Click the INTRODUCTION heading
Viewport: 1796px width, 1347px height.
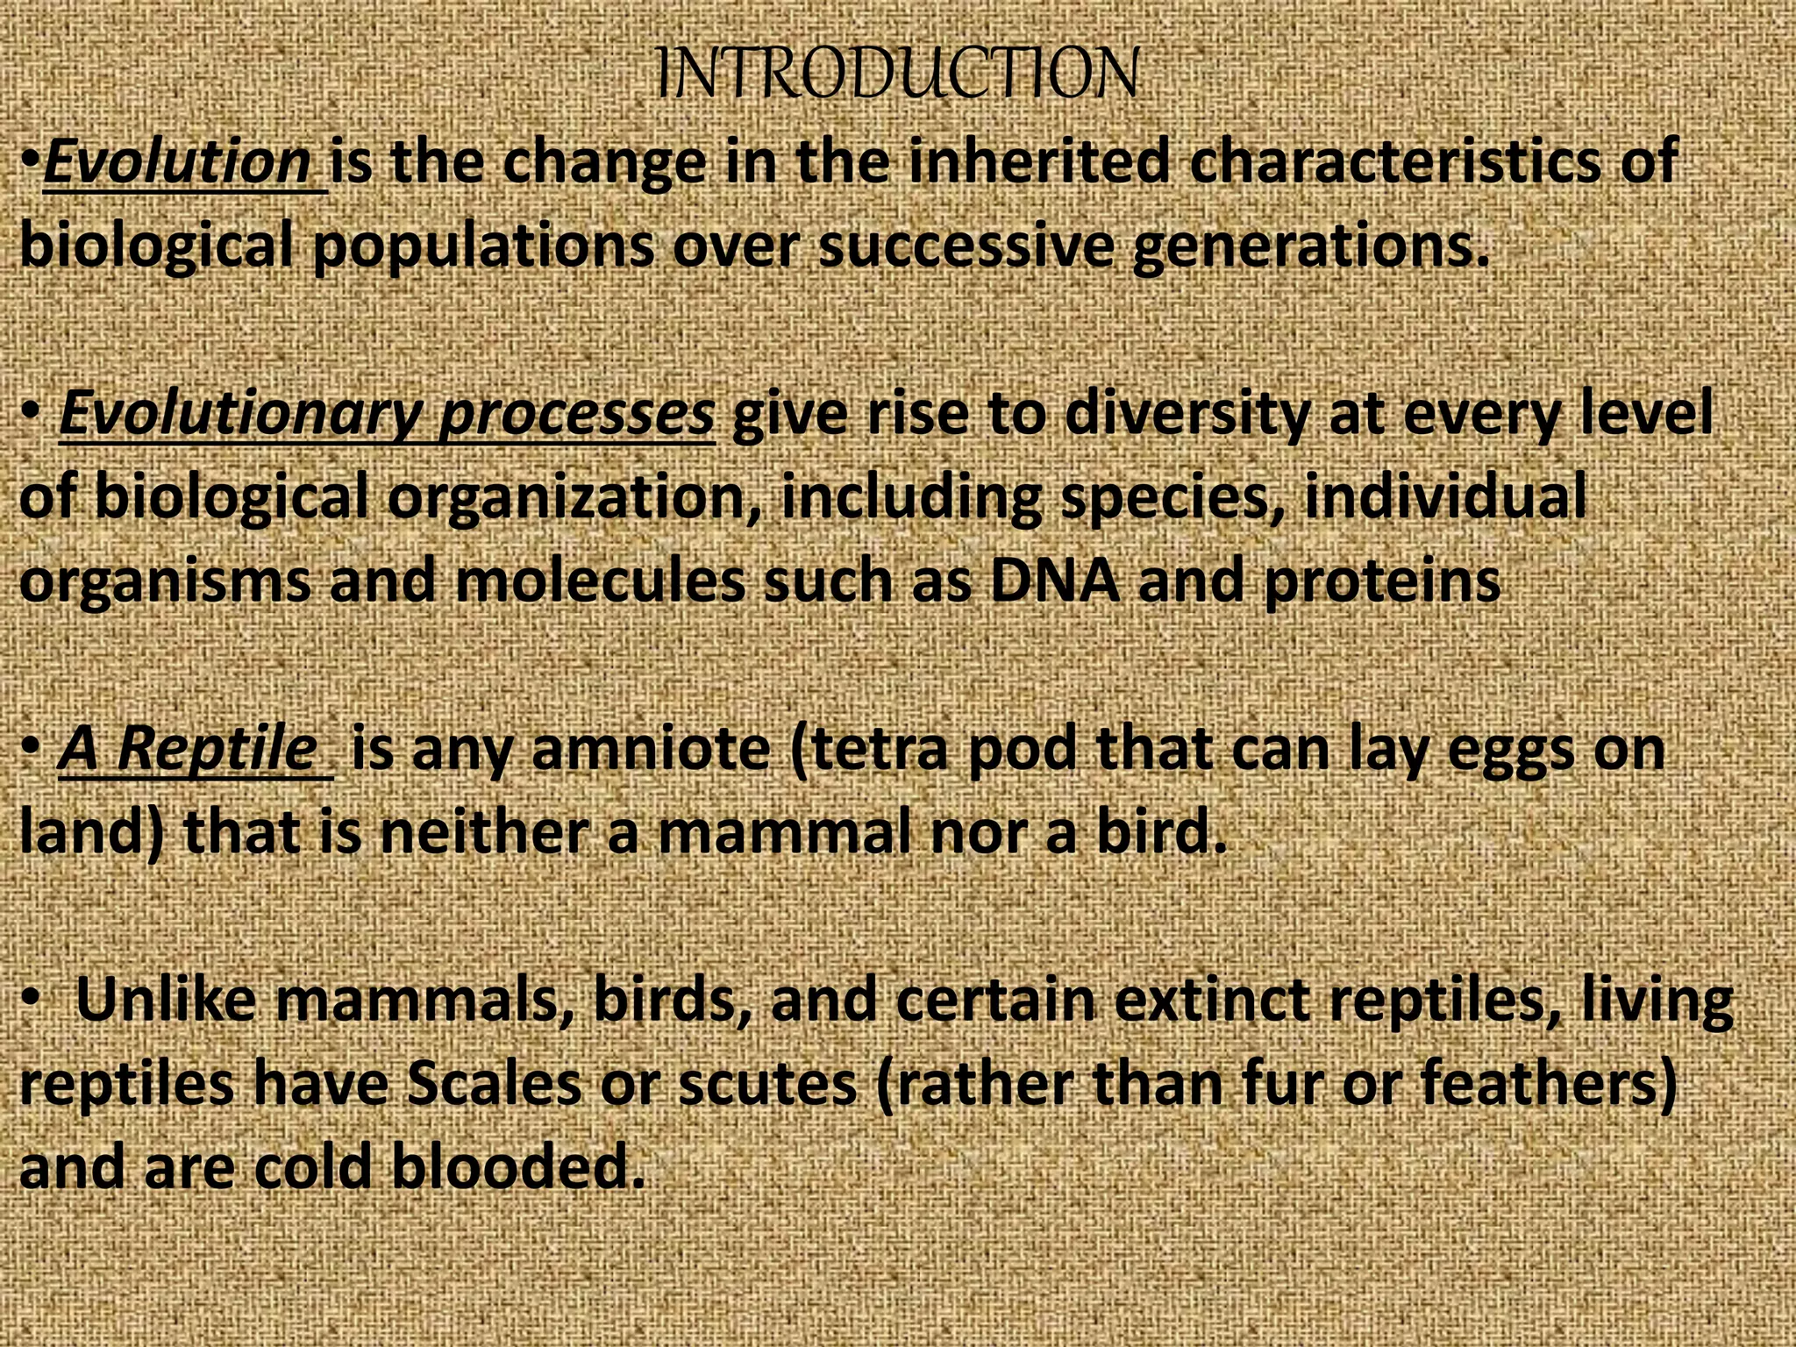click(897, 74)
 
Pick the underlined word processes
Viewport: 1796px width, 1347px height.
click(576, 414)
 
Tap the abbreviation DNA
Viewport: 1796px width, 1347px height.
click(1055, 581)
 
